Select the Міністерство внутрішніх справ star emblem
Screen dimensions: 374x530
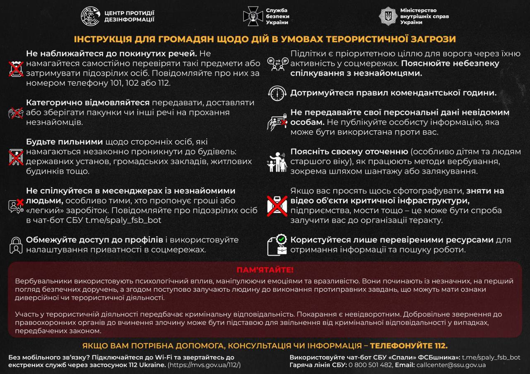388,16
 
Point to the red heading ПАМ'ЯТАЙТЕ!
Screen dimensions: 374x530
265,270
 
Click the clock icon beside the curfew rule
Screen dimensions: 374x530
277,93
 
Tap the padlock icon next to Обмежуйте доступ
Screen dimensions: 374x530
16,245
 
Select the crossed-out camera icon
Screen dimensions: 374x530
277,206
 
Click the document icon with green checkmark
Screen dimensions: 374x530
277,245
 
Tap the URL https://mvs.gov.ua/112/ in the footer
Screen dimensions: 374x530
205,365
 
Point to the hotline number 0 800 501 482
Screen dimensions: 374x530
371,365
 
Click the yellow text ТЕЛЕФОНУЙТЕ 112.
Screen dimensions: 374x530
409,346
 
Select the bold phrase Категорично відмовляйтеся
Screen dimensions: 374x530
88,103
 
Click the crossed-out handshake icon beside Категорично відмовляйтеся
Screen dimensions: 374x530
16,113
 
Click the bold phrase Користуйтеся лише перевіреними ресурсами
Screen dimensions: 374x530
392,240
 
